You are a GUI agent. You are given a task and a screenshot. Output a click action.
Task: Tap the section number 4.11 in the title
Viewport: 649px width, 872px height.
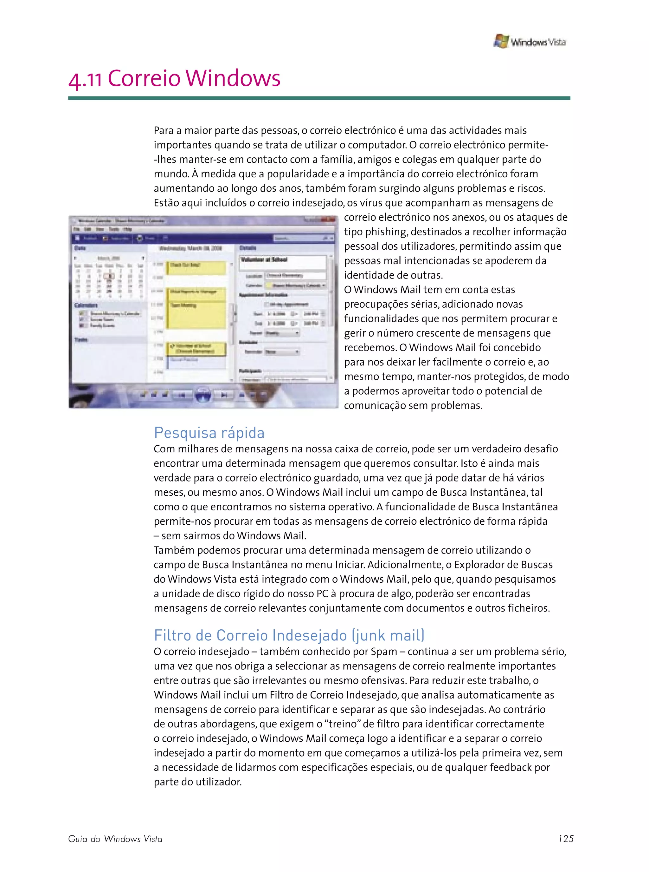[85, 79]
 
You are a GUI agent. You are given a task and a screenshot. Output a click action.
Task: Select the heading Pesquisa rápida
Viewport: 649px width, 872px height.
[209, 432]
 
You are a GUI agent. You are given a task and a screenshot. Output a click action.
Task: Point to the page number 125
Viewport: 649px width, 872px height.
[566, 839]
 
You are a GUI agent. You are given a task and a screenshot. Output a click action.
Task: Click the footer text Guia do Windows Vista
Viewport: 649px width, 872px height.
[115, 839]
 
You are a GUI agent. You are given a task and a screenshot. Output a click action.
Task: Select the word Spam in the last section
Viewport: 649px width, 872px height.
[384, 652]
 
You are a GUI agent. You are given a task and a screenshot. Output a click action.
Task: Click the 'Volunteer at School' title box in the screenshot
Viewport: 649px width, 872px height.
[282, 261]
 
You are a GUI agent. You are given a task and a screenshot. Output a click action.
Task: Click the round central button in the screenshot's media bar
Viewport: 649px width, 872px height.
[203, 394]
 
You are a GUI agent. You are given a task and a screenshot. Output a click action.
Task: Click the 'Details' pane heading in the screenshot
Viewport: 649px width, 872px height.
[248, 248]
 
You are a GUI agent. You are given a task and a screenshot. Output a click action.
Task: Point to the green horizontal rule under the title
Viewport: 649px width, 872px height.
[319, 98]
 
